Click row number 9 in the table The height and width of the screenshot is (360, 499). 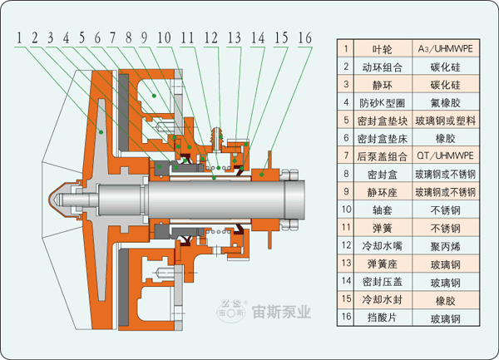coord(346,192)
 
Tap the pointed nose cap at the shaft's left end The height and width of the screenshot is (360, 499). coord(55,199)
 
